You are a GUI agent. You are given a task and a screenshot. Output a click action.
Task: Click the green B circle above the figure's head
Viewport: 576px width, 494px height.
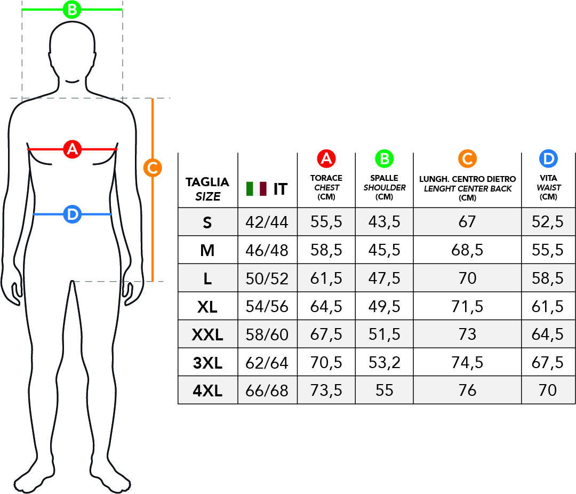pos(72,10)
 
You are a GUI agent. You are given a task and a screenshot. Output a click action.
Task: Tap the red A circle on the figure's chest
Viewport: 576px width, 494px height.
pos(73,149)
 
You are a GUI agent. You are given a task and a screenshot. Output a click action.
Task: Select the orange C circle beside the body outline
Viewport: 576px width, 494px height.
pos(153,168)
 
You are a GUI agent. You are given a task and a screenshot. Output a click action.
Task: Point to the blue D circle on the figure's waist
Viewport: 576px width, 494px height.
pos(73,214)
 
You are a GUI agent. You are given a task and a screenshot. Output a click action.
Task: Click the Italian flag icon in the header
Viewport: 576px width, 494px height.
pos(257,188)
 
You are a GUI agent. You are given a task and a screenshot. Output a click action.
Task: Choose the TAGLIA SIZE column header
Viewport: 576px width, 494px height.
pos(207,189)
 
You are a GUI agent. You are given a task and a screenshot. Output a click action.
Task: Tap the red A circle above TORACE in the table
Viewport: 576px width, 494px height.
pos(326,159)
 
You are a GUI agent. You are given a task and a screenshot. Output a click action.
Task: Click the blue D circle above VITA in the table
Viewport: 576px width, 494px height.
pos(548,159)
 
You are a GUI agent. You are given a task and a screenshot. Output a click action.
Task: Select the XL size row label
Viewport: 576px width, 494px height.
pos(207,307)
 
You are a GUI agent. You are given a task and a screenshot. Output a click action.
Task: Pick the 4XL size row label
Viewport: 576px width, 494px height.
pos(207,391)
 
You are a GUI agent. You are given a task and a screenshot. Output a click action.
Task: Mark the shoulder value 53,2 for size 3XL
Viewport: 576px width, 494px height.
pos(384,363)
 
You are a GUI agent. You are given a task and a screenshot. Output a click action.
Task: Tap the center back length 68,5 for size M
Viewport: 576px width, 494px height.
pos(467,250)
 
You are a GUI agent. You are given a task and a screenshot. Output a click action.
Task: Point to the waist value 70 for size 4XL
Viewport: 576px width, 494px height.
pos(548,391)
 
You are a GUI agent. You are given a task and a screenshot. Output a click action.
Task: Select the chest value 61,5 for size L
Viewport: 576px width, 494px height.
pos(326,278)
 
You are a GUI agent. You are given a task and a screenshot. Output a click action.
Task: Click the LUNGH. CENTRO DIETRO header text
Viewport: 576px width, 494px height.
pos(468,179)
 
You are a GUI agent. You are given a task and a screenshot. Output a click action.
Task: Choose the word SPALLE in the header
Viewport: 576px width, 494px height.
pos(384,178)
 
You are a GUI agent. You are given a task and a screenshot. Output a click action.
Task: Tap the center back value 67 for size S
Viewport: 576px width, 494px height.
pos(467,222)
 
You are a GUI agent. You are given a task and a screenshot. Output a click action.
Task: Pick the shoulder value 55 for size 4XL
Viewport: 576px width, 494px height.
pos(384,391)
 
